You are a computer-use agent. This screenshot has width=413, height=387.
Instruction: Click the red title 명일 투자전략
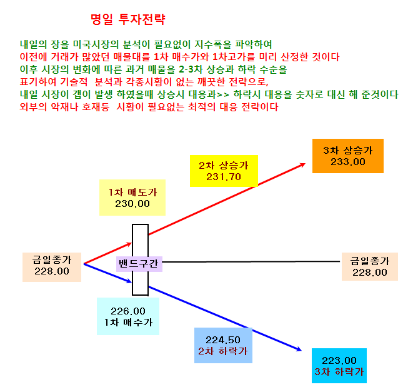point(127,19)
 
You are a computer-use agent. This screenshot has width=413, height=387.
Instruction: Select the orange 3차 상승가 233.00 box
point(347,156)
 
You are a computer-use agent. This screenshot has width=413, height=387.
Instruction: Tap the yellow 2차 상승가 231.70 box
point(224,171)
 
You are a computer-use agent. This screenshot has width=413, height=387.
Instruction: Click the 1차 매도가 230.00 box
point(132,198)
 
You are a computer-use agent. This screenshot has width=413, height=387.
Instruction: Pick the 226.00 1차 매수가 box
point(128,316)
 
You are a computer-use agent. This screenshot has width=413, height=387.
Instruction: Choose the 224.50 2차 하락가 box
point(223,345)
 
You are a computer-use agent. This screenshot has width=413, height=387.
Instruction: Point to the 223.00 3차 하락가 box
point(339,366)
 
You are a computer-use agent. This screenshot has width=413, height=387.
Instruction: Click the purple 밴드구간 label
point(139,264)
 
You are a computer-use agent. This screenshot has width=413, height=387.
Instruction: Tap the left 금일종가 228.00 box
point(52,267)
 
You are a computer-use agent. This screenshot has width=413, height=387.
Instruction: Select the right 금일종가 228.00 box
point(369,266)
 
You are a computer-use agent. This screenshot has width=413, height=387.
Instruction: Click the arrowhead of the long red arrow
point(303,164)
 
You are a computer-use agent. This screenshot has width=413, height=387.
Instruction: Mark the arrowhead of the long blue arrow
point(300,349)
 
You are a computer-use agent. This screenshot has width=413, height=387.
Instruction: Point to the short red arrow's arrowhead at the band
point(130,244)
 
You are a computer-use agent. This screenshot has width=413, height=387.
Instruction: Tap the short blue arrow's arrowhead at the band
point(130,281)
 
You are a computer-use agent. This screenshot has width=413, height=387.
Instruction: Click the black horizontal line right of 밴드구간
point(251,262)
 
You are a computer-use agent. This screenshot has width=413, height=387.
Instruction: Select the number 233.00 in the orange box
point(348,162)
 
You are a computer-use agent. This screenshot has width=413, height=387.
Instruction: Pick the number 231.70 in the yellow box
point(224,177)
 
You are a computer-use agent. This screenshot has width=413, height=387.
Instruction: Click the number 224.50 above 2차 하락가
point(223,340)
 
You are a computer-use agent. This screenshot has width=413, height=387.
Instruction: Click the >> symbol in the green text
point(223,94)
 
